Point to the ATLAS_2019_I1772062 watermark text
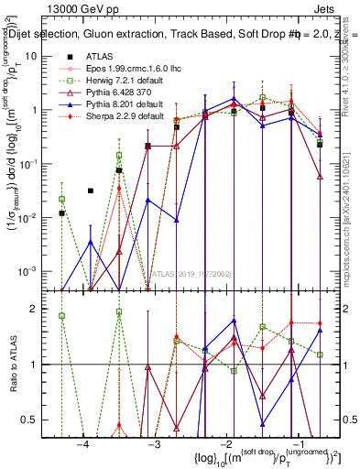click(x=183, y=273)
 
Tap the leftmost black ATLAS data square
click(x=61, y=213)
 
